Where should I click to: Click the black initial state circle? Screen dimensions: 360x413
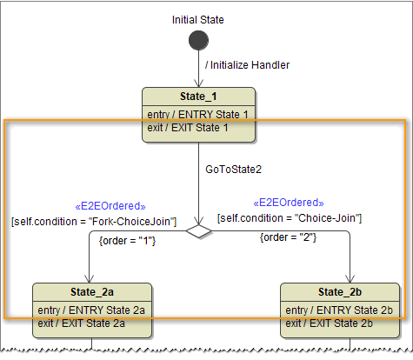pos(199,41)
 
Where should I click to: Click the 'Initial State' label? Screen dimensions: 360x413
pos(199,17)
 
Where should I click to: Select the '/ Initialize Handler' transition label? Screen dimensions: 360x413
pos(246,64)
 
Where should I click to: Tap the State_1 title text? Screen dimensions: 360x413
pos(199,97)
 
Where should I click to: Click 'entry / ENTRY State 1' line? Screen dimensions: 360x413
pos(198,115)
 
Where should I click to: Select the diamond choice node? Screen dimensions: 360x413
pos(199,230)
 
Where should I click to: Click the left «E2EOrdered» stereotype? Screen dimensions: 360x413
pos(110,206)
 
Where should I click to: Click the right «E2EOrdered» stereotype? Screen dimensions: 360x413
pos(289,202)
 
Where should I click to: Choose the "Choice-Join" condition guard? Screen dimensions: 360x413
pos(290,217)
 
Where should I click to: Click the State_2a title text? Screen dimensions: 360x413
pos(90,291)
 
